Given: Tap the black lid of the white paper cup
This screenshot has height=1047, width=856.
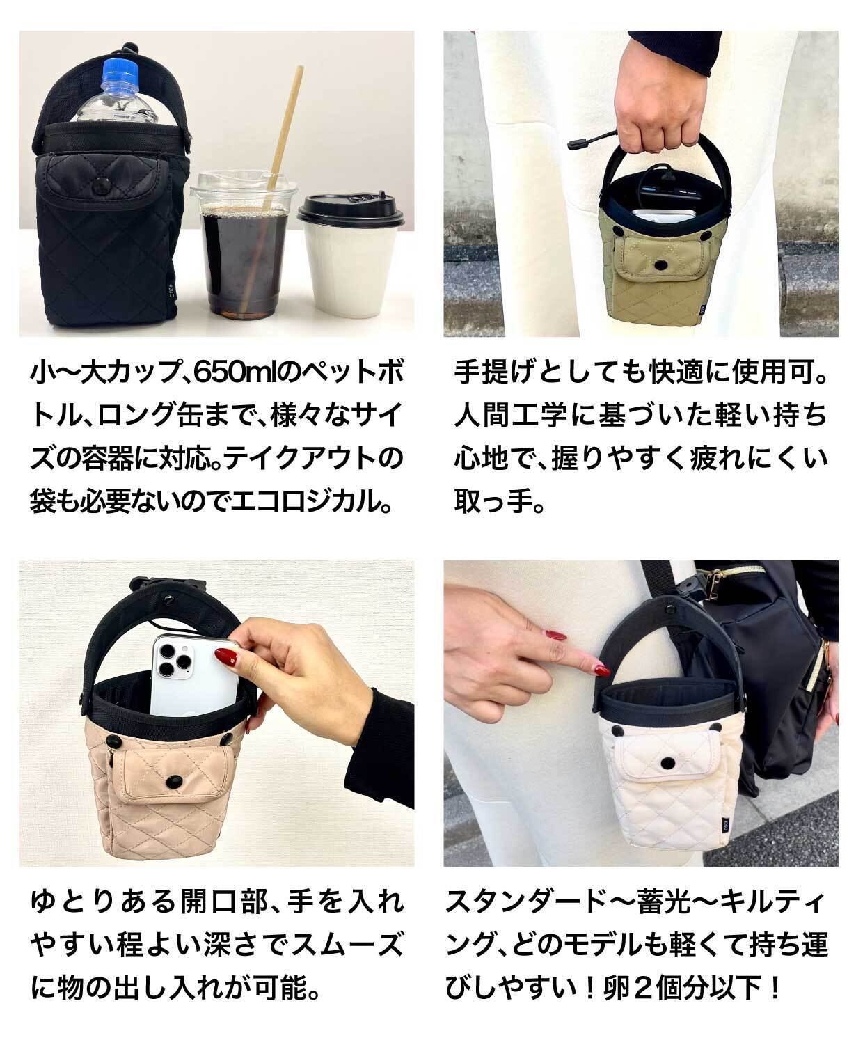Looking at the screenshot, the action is (350, 212).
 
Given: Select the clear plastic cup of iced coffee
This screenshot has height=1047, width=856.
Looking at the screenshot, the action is (244, 243).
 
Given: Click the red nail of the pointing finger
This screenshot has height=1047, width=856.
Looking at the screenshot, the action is (602, 670).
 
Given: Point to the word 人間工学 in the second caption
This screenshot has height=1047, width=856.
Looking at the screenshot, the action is (511, 416).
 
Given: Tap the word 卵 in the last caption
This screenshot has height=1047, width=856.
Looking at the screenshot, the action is (617, 988).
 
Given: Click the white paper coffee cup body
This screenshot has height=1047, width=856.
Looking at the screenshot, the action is (349, 271).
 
